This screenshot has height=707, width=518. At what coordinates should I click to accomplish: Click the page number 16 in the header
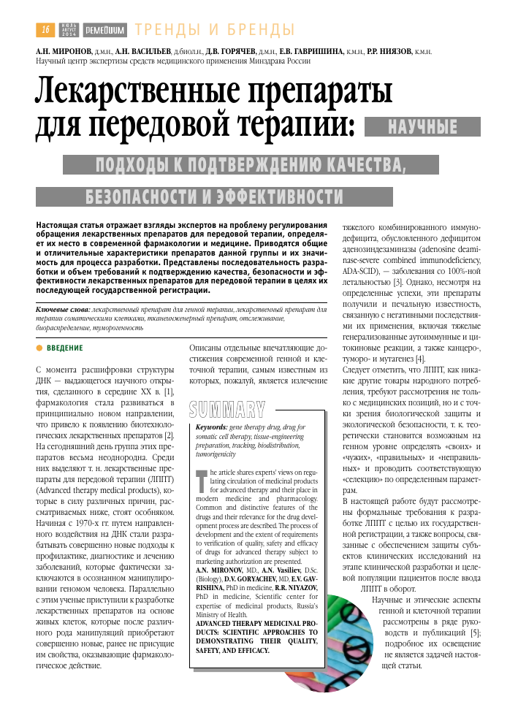pyautogui.click(x=45, y=30)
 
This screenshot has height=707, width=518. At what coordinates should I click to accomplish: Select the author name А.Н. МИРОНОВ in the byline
pyautogui.click(x=62, y=53)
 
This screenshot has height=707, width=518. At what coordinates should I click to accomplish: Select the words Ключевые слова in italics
pyautogui.click(x=64, y=310)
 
